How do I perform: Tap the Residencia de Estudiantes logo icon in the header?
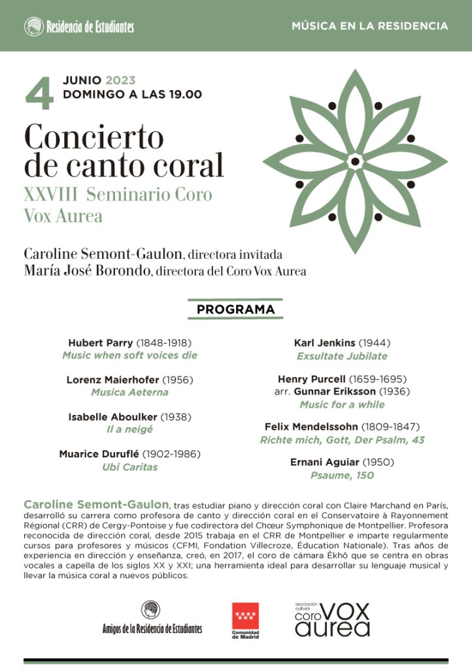pos(34,27)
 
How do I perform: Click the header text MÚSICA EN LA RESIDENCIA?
pos(370,27)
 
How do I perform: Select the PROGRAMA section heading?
pos(236,309)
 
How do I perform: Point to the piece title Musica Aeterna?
pos(129,393)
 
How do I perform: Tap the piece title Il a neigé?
pos(129,430)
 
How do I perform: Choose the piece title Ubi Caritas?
pos(129,467)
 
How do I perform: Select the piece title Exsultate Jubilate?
pos(342,357)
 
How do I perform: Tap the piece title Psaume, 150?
pos(342,476)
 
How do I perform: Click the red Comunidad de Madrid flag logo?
pos(246,615)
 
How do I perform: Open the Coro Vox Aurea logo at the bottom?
pos(331,619)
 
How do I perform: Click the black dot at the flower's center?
pos(355,161)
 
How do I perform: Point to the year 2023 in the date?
pos(120,81)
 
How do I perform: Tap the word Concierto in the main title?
pos(93,137)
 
